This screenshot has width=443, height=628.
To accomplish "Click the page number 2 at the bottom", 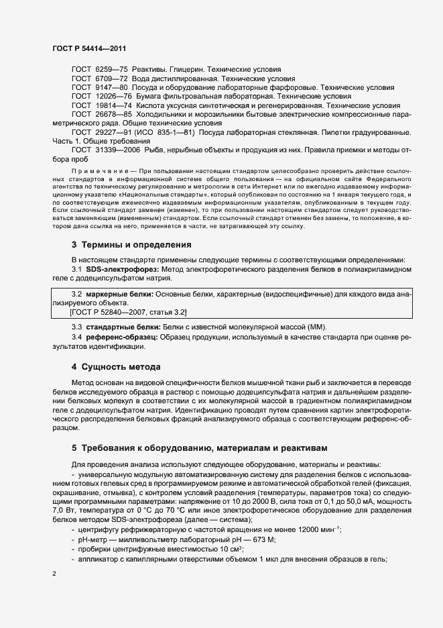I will pos(54,574).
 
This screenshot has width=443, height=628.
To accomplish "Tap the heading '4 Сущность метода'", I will pos(116,367).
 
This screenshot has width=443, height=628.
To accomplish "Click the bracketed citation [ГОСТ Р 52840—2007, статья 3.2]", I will pos(129,311).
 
